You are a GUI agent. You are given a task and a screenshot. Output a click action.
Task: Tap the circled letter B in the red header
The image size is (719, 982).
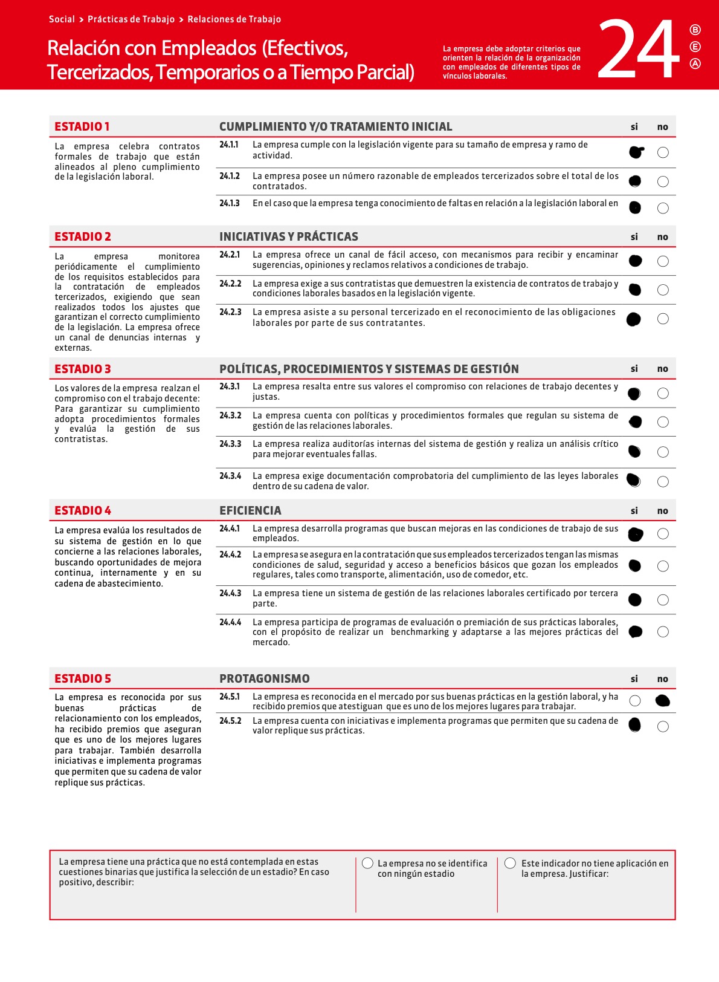[x=695, y=30]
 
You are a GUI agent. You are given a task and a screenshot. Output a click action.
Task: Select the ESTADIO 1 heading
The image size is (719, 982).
[x=82, y=126]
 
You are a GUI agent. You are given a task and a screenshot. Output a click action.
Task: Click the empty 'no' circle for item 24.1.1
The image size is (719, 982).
[x=663, y=152]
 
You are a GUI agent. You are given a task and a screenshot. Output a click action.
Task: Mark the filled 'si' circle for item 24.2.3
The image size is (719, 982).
[x=634, y=319]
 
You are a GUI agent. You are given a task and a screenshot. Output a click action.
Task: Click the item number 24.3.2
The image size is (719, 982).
[x=230, y=415]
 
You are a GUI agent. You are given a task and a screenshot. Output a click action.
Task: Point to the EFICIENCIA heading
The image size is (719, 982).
[x=250, y=510]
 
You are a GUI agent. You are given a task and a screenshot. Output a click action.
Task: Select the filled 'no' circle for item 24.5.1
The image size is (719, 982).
[x=663, y=701]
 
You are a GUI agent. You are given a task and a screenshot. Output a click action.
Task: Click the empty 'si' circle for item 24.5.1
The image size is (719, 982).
[x=634, y=701]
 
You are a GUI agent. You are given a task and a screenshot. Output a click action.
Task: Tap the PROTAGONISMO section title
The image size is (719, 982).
[x=264, y=678]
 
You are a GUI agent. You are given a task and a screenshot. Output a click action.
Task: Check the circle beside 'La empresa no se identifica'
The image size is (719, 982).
[x=367, y=863]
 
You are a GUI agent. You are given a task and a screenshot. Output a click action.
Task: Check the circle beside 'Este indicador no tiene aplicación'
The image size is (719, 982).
[x=511, y=863]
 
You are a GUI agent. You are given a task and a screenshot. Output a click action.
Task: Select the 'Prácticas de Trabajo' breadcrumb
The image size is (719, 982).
[x=131, y=19]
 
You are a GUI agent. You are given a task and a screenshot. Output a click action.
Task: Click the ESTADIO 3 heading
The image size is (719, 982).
[x=83, y=369]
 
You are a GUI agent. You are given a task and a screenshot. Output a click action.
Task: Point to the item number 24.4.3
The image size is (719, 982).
[x=230, y=593]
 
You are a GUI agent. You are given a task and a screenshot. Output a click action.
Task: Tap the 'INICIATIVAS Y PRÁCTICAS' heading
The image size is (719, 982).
[x=288, y=236]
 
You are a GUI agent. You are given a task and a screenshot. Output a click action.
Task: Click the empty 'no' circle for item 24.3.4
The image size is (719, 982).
[x=663, y=482]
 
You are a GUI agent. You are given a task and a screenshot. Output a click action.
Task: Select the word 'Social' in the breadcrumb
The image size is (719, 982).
[x=62, y=19]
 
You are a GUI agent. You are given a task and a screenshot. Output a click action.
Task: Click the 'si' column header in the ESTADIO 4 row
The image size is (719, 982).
[x=634, y=511]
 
